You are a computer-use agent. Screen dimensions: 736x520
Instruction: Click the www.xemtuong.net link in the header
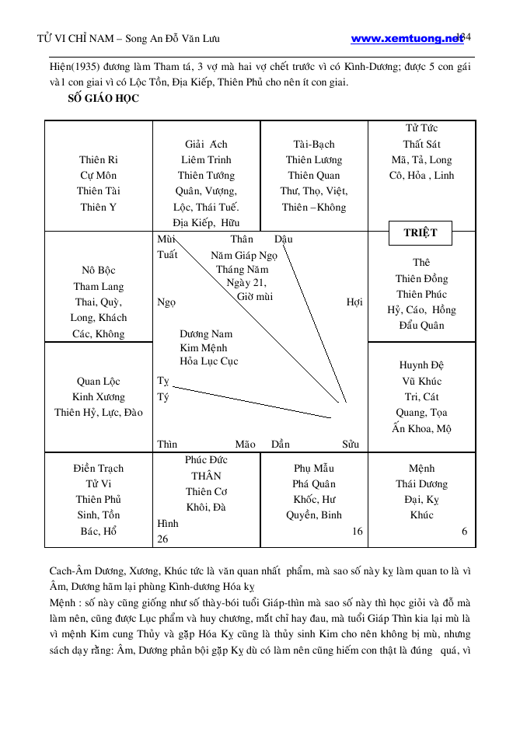(x=407, y=38)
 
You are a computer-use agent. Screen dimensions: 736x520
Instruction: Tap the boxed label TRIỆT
(x=421, y=232)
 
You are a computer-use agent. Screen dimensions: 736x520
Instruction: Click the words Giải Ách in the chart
(x=206, y=145)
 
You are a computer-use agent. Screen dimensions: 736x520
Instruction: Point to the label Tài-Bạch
(x=314, y=145)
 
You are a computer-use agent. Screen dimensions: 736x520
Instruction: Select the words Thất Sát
(x=421, y=145)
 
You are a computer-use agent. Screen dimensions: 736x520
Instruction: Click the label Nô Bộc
(x=98, y=270)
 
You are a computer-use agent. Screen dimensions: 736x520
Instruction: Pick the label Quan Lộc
(x=98, y=382)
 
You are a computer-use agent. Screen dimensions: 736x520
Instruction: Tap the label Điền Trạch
(x=98, y=469)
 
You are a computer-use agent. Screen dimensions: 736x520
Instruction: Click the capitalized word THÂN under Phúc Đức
(x=206, y=476)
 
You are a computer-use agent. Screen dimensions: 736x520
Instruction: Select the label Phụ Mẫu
(x=314, y=469)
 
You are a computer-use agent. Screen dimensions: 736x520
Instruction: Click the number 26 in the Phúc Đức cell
(x=163, y=539)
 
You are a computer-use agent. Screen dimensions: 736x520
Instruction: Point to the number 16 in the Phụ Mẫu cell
(x=358, y=532)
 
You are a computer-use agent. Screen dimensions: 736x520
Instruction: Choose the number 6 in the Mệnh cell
(x=464, y=532)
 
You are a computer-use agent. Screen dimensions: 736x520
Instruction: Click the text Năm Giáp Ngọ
(x=244, y=255)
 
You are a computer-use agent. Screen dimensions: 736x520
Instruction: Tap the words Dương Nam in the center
(x=206, y=334)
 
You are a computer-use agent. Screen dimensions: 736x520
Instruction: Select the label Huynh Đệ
(x=421, y=365)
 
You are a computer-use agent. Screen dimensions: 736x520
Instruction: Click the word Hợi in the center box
(x=354, y=302)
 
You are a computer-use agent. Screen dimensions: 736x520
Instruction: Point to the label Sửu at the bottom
(x=351, y=445)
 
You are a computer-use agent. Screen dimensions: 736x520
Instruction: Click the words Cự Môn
(x=98, y=176)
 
